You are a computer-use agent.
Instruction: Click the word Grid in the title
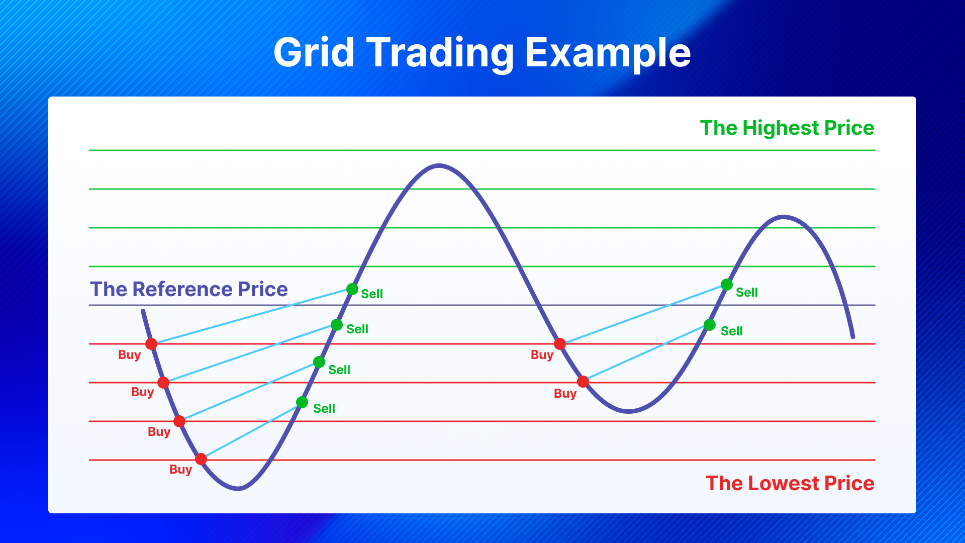point(314,52)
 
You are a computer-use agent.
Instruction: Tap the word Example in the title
point(608,53)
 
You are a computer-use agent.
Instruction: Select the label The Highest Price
point(787,128)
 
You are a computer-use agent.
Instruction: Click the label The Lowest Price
point(790,483)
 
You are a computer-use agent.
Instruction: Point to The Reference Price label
point(189,289)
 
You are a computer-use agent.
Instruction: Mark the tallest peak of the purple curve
point(439,165)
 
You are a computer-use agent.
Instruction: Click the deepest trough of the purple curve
point(238,488)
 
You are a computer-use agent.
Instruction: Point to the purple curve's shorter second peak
point(784,217)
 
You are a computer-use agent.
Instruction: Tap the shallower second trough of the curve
point(628,411)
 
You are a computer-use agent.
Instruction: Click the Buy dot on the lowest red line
point(201,459)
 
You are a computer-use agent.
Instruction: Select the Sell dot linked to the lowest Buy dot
point(302,402)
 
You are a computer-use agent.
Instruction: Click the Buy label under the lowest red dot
point(181,470)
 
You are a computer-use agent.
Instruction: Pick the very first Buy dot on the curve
point(151,344)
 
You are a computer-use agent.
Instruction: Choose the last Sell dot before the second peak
point(727,285)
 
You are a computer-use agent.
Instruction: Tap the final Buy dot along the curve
point(583,382)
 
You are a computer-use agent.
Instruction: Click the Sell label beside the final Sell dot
point(747,293)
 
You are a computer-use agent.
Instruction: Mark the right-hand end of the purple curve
point(853,337)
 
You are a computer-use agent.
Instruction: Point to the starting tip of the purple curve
point(143,311)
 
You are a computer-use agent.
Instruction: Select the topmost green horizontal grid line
point(482,150)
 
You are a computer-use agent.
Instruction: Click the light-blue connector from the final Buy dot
point(646,353)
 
